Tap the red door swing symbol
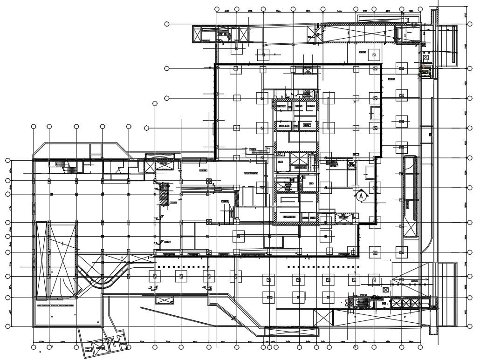346,302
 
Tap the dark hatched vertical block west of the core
164,194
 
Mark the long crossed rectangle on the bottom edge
292,331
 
